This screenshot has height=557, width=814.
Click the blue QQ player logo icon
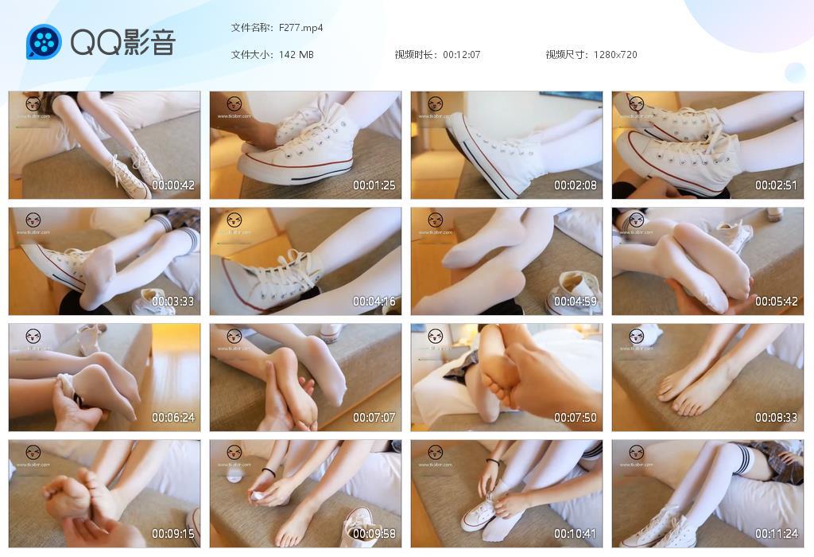tap(44, 41)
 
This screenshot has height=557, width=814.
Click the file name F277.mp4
tap(301, 28)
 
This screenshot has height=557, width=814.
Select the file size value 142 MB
tap(297, 55)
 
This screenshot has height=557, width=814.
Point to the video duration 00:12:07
tap(462, 55)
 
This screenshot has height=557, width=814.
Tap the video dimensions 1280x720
tap(615, 55)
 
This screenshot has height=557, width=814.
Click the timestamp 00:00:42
tap(173, 185)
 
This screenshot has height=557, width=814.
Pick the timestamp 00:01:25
tap(374, 185)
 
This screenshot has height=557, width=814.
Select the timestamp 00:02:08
tap(576, 185)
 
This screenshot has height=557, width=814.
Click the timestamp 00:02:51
tap(776, 185)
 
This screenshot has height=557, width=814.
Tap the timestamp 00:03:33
tap(173, 302)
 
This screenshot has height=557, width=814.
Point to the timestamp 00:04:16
tap(374, 302)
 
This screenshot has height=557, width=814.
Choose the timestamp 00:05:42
tap(776, 302)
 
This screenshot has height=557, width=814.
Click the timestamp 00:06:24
tap(173, 418)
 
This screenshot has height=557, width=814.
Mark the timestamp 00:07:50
tap(576, 418)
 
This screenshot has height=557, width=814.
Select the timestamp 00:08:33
tap(776, 418)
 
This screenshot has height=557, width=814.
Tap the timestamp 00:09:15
tap(173, 534)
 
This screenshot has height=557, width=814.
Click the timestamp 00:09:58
tap(374, 534)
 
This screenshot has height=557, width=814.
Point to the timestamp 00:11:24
tap(776, 534)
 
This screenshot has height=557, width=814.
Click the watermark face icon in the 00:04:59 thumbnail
tap(436, 220)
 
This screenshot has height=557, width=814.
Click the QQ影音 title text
tap(123, 42)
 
